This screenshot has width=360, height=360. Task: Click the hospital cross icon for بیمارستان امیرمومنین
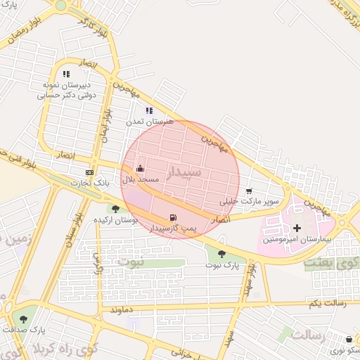(x=297, y=228)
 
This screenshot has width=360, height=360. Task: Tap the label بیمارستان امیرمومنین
(x=295, y=240)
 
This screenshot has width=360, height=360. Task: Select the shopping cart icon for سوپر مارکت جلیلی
(x=249, y=191)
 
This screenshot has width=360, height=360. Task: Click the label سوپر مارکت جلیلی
(x=250, y=202)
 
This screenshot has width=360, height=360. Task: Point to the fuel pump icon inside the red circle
(x=173, y=217)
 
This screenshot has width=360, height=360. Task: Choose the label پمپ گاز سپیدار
(x=174, y=229)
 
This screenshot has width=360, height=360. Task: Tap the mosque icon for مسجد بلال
(x=140, y=169)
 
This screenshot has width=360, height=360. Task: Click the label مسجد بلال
(x=141, y=179)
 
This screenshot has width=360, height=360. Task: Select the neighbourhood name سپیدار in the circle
(x=185, y=172)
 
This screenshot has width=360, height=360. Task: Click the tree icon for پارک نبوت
(x=222, y=255)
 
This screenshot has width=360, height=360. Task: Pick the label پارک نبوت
(x=223, y=266)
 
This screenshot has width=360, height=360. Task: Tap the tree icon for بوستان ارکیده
(x=115, y=209)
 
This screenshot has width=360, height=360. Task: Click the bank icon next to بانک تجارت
(x=89, y=172)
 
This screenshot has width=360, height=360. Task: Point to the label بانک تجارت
(x=90, y=184)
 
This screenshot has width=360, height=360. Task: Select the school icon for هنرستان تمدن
(x=148, y=110)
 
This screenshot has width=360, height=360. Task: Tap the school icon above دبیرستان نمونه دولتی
(x=66, y=73)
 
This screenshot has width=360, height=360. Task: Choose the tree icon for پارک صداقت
(x=24, y=319)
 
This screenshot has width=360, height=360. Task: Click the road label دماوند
(x=122, y=309)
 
